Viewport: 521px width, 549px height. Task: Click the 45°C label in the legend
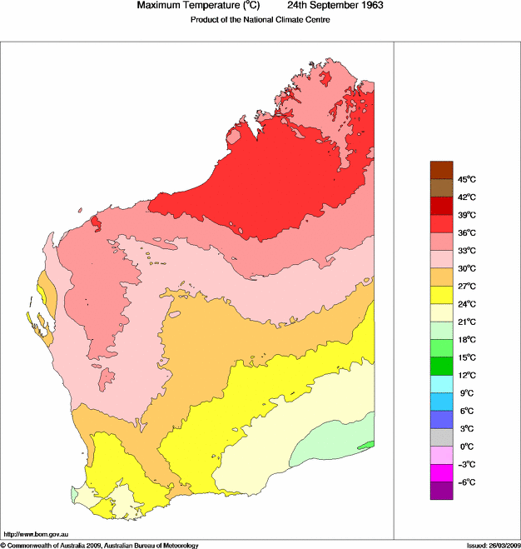coord(465,179)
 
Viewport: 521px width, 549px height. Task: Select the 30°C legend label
coord(465,268)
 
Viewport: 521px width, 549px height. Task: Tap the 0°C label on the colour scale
coord(465,447)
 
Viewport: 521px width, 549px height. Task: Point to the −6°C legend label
coord(465,482)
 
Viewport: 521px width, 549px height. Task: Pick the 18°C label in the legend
coord(465,340)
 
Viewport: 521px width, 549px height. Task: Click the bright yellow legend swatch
coord(441,294)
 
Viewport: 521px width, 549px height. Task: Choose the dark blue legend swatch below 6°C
coord(441,419)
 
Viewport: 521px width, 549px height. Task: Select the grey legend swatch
coord(441,437)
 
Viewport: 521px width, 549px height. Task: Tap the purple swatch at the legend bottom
coord(441,491)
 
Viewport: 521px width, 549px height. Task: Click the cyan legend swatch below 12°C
coord(441,383)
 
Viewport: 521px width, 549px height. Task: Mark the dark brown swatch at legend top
coord(441,170)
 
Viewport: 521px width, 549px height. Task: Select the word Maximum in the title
coord(158,6)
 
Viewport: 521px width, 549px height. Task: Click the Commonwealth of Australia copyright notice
coord(100,545)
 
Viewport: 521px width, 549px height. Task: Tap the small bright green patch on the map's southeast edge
coord(371,445)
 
